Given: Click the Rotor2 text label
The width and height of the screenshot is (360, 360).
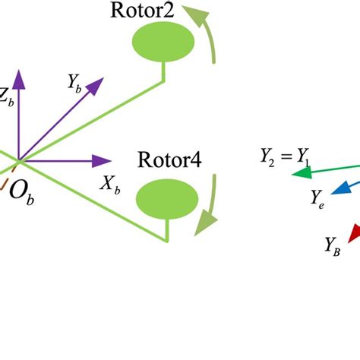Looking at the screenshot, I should point(141,11).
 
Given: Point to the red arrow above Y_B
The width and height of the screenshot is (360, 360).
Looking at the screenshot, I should point(352,232).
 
